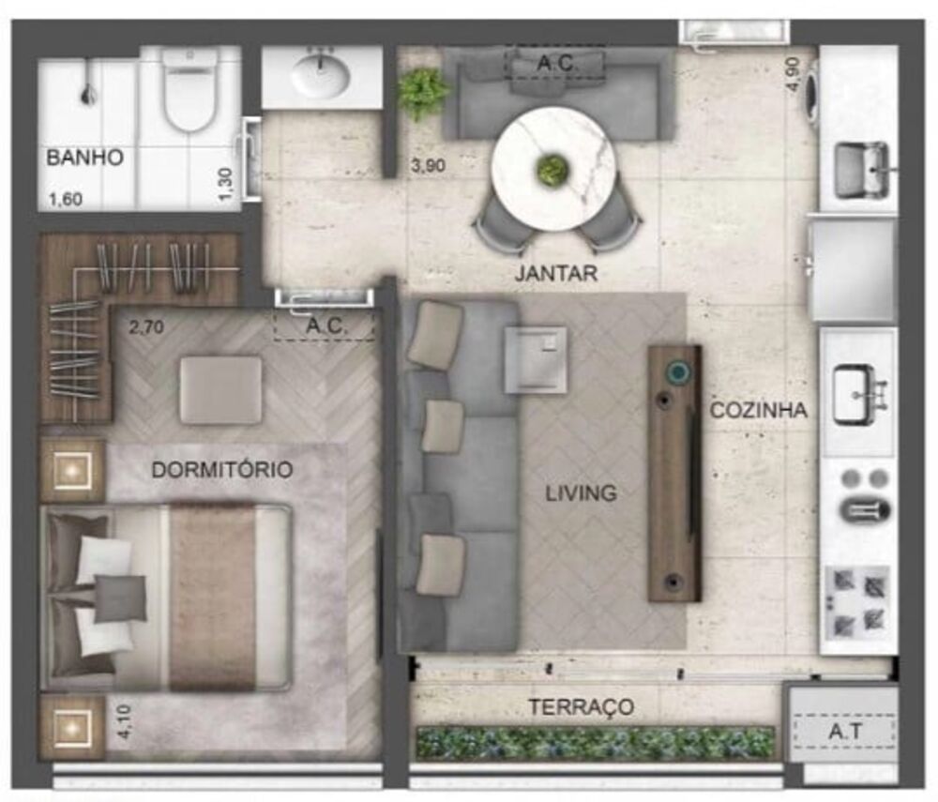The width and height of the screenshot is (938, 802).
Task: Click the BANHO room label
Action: click(x=85, y=157)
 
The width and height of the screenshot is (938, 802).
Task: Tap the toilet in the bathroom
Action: click(x=189, y=91)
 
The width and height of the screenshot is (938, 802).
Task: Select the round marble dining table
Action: click(x=553, y=169)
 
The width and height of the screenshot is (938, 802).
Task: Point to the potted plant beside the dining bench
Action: click(x=423, y=91)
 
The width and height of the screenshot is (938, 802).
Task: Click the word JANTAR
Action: click(x=555, y=274)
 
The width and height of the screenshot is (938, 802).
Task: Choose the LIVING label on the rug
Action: click(x=582, y=492)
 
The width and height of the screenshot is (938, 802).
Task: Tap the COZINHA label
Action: click(x=759, y=410)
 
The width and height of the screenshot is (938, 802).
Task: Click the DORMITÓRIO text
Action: click(x=222, y=470)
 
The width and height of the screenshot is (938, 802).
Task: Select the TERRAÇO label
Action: click(x=580, y=707)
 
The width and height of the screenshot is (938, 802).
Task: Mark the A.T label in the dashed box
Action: click(x=841, y=730)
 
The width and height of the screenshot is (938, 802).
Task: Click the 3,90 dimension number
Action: click(x=428, y=166)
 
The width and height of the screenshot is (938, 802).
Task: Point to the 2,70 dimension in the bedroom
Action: click(x=148, y=328)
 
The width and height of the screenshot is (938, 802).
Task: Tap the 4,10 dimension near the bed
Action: click(x=128, y=724)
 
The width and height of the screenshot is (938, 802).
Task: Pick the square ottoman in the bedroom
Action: click(x=221, y=389)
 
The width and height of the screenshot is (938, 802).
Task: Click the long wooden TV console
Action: click(x=674, y=473)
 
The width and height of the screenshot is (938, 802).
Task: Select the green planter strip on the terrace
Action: click(x=595, y=742)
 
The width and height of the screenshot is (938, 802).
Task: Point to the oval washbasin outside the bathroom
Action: click(x=321, y=76)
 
